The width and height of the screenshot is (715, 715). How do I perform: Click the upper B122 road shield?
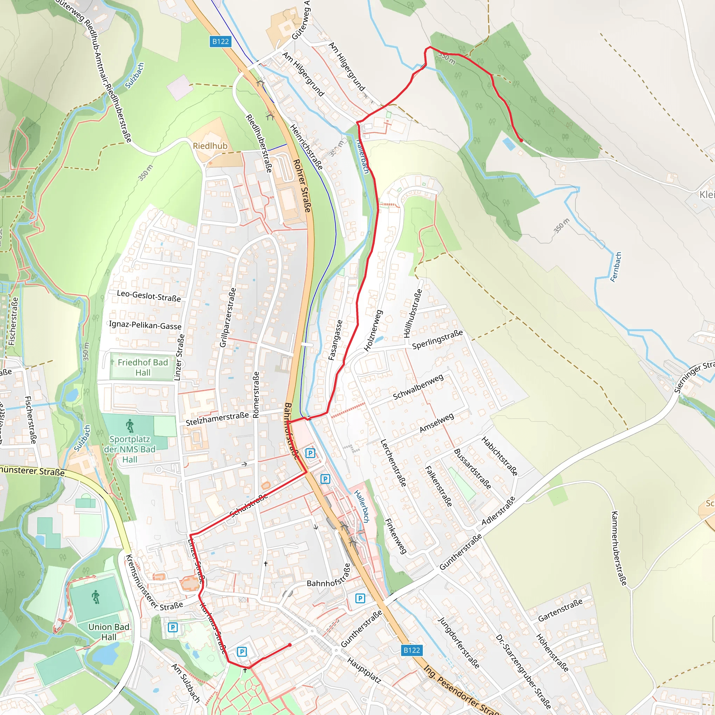pos(220,42)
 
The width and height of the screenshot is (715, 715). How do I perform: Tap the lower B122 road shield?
pos(412,650)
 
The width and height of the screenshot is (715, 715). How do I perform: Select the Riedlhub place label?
pos(210,146)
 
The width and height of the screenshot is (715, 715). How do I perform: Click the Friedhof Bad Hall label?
pos(143,368)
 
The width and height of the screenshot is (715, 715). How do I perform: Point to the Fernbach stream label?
pos(616,267)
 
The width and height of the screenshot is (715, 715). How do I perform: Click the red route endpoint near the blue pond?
pos(521,140)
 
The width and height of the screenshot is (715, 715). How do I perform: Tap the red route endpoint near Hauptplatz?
pos(290,645)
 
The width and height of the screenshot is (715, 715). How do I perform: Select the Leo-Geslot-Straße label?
pos(149,296)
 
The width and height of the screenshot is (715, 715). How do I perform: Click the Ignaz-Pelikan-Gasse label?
pos(145,325)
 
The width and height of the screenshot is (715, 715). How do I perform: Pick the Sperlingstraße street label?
pos(437,339)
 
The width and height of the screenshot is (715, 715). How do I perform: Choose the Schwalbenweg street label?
pos(418,387)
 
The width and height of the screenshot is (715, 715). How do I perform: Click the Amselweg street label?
pos(437,423)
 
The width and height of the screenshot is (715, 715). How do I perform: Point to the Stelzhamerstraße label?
pos(217,419)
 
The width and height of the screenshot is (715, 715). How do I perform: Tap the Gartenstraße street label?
pos(560,610)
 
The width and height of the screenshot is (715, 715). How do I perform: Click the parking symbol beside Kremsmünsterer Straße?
pos(172,627)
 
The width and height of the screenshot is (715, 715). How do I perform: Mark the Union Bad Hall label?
pos(109,632)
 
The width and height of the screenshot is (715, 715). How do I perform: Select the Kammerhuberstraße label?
pos(619,548)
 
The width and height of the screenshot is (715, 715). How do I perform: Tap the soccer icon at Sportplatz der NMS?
pos(130,426)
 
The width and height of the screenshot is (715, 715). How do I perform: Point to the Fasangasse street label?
pos(336,340)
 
